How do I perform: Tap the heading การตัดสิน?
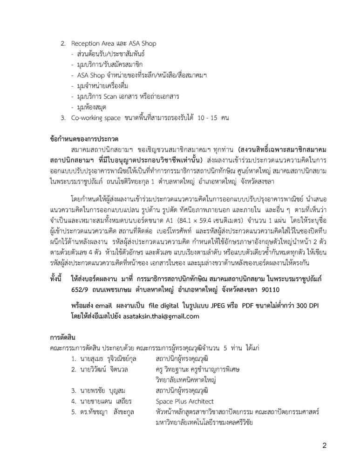pyautogui.click(x=62, y=337)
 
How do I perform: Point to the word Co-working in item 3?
pyautogui.click(x=86, y=117)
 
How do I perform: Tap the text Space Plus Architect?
pyautogui.click(x=184, y=401)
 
